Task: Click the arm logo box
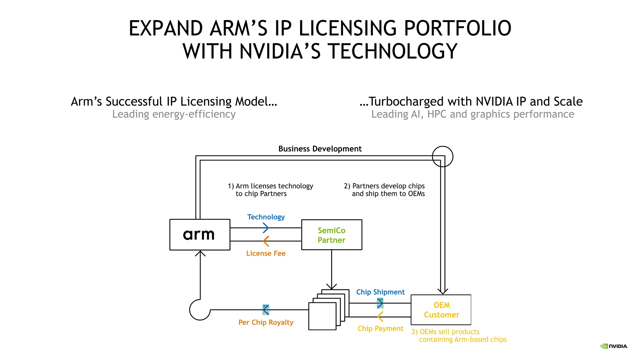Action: point(200,235)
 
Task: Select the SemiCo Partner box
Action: point(331,235)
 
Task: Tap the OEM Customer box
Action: point(441,310)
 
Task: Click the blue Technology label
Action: point(266,217)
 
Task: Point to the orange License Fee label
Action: point(266,253)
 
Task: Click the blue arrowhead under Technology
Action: point(266,228)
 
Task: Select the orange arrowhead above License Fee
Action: point(266,241)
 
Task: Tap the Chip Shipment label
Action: point(380,292)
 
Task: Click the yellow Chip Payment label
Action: point(380,329)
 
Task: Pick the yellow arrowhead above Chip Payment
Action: point(380,317)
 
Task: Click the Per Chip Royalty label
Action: point(266,322)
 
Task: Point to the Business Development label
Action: point(320,149)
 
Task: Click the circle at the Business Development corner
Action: point(442,156)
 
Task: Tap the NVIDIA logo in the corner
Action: point(614,346)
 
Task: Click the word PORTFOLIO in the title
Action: point(457,28)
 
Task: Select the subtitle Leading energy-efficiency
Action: point(174,114)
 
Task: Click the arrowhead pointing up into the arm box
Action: point(200,253)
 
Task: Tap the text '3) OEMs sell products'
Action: point(445,332)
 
